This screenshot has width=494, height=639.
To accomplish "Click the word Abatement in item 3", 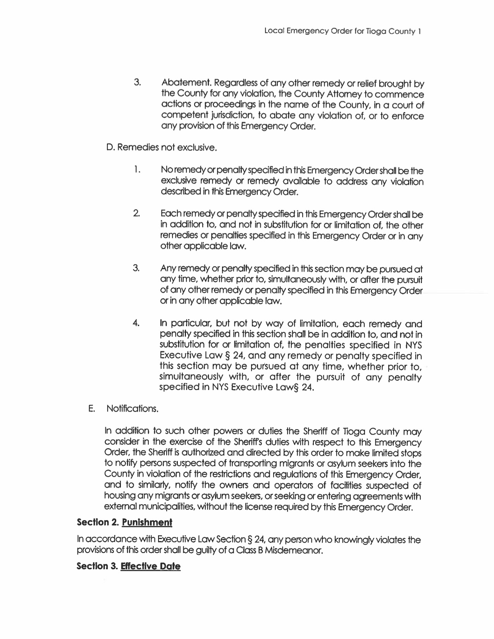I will pos(185,83).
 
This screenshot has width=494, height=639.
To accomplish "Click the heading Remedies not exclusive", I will pos(161,148).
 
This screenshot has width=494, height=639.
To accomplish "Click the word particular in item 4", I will pos(192,324).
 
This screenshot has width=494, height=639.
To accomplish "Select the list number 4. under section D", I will pos(136,323).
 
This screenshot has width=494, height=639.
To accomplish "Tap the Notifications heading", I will pos(132,409).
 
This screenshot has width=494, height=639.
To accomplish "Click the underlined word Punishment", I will pos(147,522).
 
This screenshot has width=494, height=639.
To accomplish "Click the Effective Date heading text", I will pos(151,567).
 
